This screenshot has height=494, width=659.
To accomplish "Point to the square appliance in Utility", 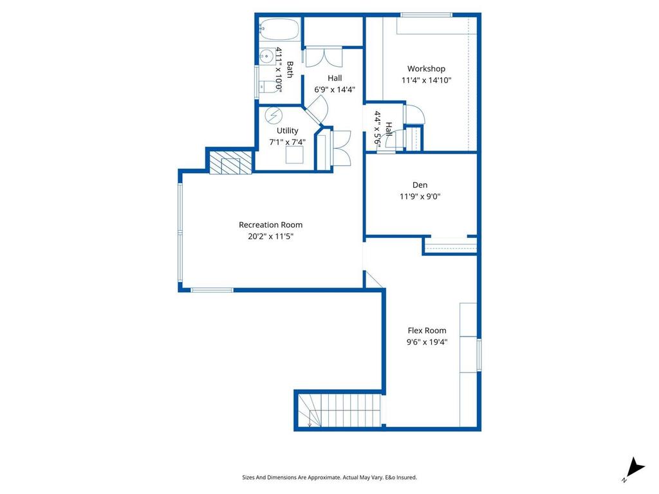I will coord(295,155).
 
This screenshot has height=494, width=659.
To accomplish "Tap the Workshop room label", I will coord(426,69).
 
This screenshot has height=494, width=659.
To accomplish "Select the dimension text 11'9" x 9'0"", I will coord(420,197).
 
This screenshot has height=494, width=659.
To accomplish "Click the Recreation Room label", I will coord(270,224).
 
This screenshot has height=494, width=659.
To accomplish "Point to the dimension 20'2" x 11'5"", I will coord(270,236).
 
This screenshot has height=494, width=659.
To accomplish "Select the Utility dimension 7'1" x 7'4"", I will coord(287,142).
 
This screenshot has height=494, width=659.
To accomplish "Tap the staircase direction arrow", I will coord(310,423).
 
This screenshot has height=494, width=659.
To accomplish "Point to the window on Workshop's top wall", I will coord(426,15).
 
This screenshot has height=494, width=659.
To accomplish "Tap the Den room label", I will coord(420,185).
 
